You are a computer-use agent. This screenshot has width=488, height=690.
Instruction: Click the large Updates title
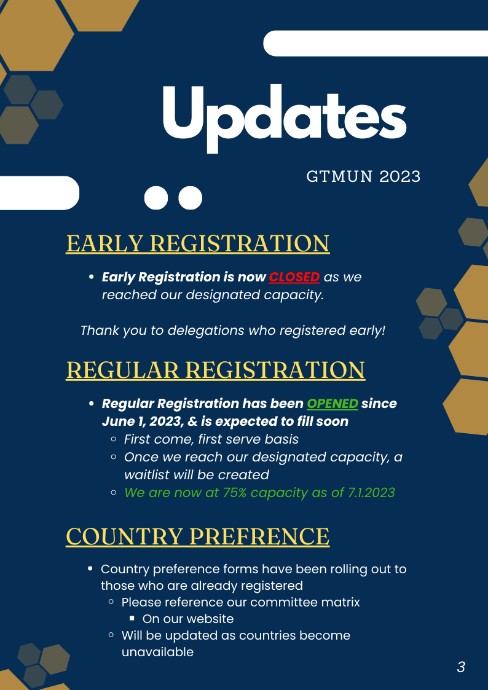[x=285, y=118]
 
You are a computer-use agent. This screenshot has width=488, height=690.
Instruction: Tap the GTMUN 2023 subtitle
[x=363, y=176]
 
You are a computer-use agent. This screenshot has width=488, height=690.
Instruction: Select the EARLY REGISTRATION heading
[x=197, y=243]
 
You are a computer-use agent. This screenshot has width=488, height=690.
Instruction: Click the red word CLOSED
[x=294, y=277]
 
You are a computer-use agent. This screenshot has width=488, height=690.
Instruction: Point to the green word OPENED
[x=333, y=404]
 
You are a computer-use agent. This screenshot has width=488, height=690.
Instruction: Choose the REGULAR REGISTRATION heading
[x=216, y=370]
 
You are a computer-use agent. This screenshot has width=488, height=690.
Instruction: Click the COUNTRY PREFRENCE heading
[x=197, y=536]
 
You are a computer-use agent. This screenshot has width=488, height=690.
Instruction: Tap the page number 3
[x=461, y=667]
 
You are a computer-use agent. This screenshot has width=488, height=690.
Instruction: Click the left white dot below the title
[x=156, y=198]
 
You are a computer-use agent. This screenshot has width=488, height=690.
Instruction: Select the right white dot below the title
[x=190, y=198]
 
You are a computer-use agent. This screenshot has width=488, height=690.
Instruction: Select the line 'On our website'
[x=188, y=619]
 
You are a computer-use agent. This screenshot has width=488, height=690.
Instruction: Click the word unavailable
[x=157, y=652]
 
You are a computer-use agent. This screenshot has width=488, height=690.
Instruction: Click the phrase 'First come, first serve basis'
[x=211, y=439]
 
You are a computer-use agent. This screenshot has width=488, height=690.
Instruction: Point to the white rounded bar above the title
[x=376, y=44]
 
